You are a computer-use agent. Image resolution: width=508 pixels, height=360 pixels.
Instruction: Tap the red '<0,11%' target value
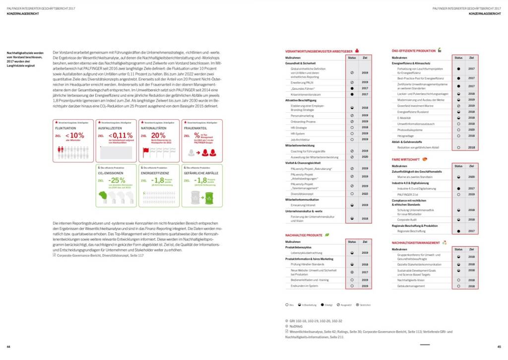pos(119,135)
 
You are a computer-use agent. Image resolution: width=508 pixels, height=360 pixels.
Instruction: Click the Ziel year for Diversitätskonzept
pos(365,194)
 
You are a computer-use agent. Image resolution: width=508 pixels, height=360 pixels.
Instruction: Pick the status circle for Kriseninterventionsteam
pos(352,94)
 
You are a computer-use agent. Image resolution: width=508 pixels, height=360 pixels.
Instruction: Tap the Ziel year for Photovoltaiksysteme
pos(471,130)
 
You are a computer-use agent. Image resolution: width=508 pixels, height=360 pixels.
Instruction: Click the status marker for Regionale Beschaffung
pos(458,231)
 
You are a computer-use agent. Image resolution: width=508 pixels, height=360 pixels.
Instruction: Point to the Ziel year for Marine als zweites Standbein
pos(471,177)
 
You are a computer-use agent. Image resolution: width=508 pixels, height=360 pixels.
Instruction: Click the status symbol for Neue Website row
pos(352,272)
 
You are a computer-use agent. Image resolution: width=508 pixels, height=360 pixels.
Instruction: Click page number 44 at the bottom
pos(8,346)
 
